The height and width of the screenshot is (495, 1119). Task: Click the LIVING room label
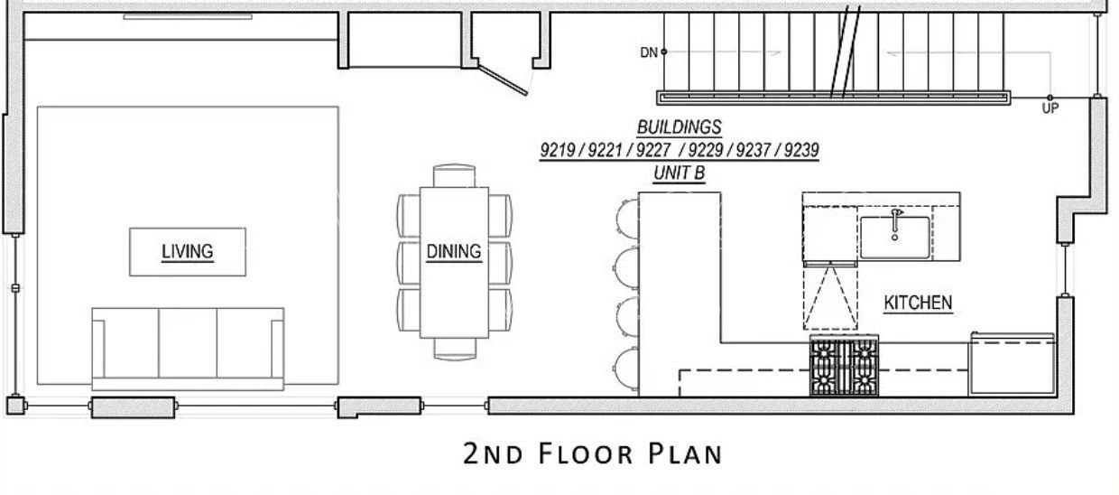[x=188, y=251]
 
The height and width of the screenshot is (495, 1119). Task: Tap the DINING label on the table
[x=454, y=251]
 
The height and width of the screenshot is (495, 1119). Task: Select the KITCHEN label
[x=918, y=303]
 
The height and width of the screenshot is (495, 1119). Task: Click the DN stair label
[x=649, y=52]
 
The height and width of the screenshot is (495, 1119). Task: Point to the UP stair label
[x=1050, y=108]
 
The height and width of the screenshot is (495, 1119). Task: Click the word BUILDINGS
[x=679, y=127]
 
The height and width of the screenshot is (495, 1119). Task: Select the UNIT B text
[x=679, y=173]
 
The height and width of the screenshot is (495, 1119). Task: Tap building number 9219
[x=558, y=150]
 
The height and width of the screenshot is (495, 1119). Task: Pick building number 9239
[x=801, y=150]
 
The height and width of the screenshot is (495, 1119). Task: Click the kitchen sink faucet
[x=895, y=223]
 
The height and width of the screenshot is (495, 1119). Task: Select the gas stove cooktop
[x=844, y=367]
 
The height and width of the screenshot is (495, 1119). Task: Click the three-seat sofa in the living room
[x=188, y=349]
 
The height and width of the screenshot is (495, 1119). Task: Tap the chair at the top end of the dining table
[x=454, y=175]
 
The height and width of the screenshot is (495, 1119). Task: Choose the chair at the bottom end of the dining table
[x=455, y=349]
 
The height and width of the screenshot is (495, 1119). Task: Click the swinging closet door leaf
[x=502, y=77]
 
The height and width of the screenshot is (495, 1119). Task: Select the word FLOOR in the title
[x=586, y=453]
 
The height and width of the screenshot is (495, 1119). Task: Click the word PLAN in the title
[x=686, y=453]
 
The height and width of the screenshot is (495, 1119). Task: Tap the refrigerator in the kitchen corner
[x=1013, y=364]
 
